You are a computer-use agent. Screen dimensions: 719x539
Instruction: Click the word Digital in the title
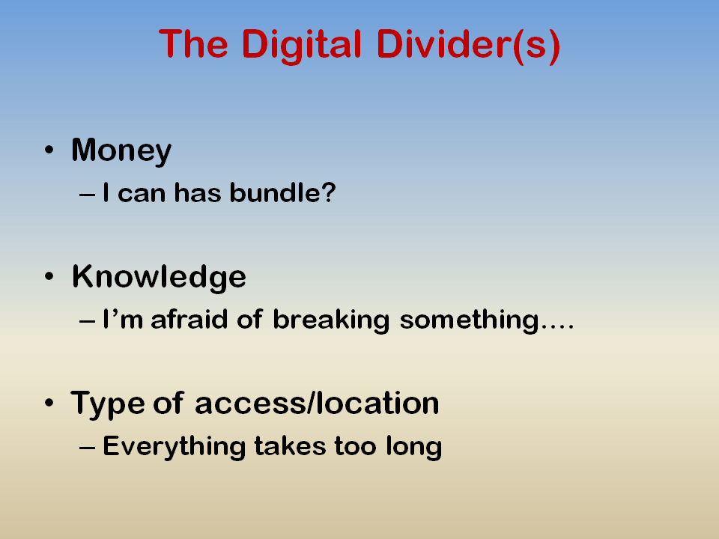click(301, 46)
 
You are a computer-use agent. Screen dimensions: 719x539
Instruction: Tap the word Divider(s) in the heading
click(468, 46)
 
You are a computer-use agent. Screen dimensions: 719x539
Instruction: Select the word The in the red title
click(193, 44)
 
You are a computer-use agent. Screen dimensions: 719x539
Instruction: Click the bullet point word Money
click(121, 150)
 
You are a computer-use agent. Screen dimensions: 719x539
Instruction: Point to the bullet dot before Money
click(49, 150)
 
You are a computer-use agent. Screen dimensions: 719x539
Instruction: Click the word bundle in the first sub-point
click(275, 192)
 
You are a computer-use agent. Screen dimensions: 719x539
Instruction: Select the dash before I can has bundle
click(87, 195)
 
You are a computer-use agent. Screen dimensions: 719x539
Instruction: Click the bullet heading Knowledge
click(159, 277)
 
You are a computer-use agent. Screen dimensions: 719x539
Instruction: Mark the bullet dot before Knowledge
click(49, 276)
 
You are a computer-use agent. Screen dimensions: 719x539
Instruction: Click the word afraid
click(189, 319)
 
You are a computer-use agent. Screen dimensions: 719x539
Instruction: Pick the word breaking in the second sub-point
click(331, 320)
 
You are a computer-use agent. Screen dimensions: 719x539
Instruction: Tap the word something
click(470, 320)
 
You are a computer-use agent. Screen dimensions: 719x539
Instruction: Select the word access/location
click(317, 404)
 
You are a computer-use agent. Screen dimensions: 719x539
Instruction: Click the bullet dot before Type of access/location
click(49, 403)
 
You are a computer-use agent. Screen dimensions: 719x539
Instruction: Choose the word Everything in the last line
click(175, 446)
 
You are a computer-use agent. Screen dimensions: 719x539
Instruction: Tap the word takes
click(291, 446)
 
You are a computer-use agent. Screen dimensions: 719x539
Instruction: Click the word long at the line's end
click(414, 447)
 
